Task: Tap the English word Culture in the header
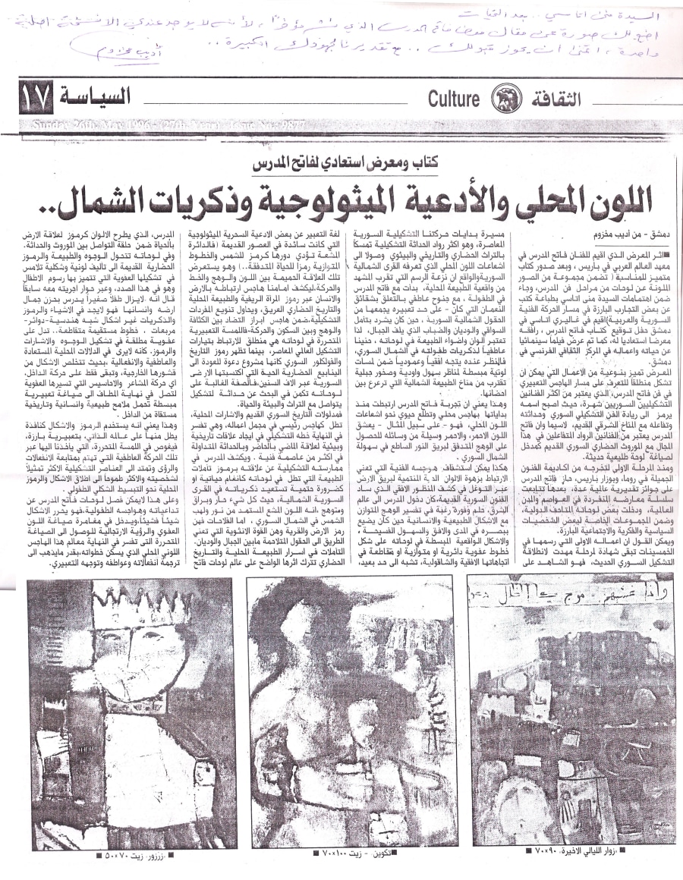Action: coord(453,98)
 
